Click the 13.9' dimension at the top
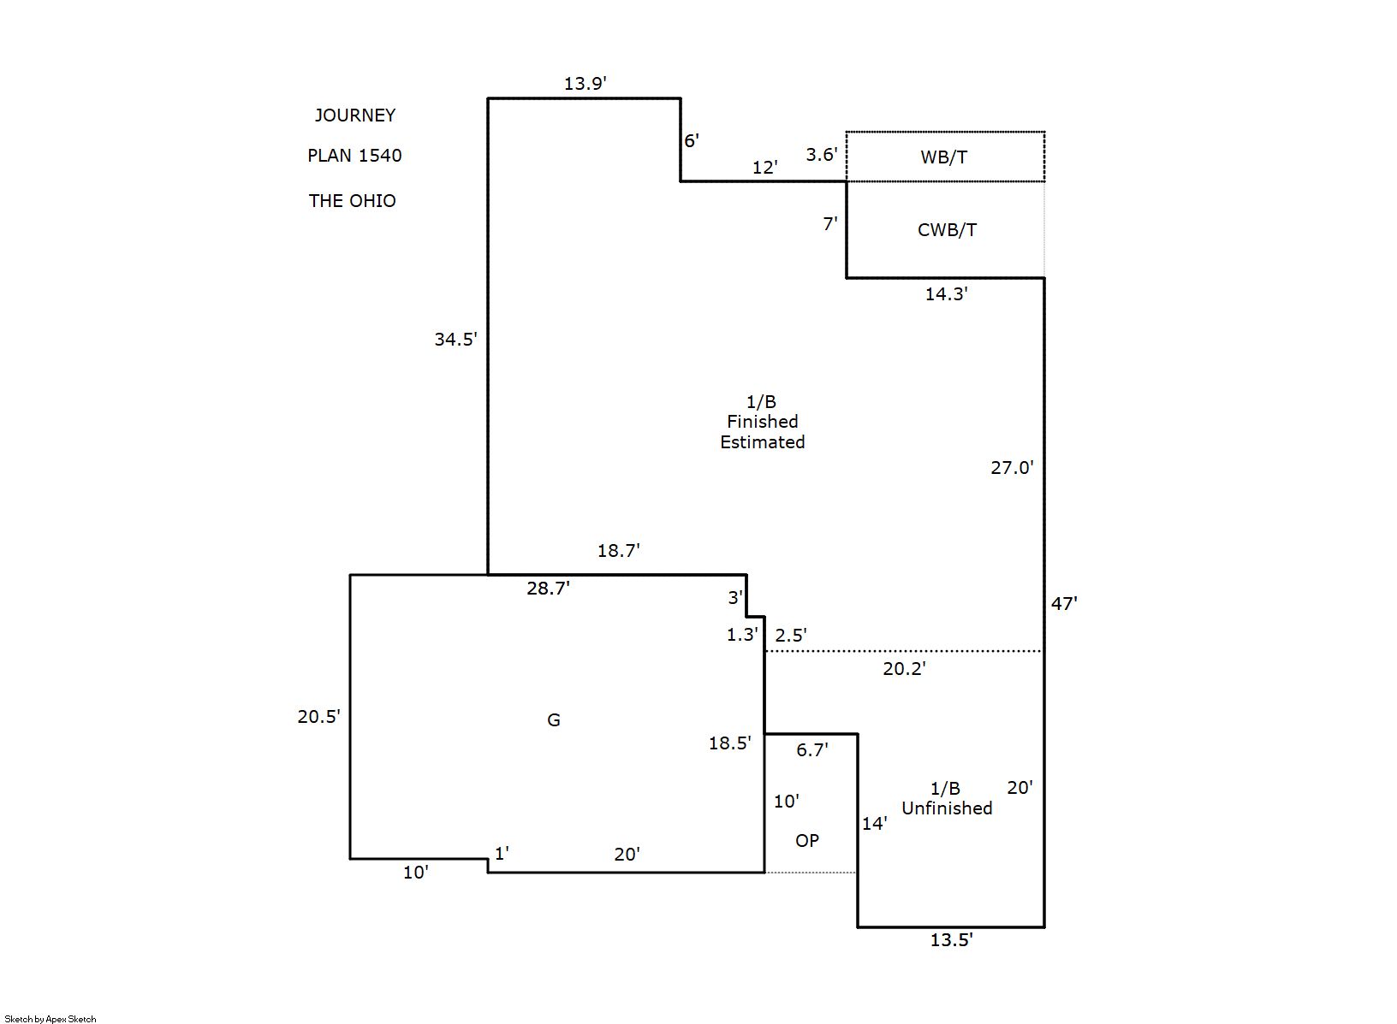586,84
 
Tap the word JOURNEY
354,115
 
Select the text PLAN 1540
354,156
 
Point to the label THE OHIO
352,201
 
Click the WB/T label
944,157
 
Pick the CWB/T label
947,230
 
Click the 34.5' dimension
455,340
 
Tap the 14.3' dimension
946,294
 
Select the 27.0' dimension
1012,468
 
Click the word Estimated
762,442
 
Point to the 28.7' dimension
548,589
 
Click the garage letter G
554,720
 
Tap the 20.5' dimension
318,717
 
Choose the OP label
807,841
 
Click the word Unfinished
947,808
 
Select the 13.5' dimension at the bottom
951,940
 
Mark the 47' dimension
1064,604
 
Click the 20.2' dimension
904,669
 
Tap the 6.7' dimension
811,750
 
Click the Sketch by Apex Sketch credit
51,1019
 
